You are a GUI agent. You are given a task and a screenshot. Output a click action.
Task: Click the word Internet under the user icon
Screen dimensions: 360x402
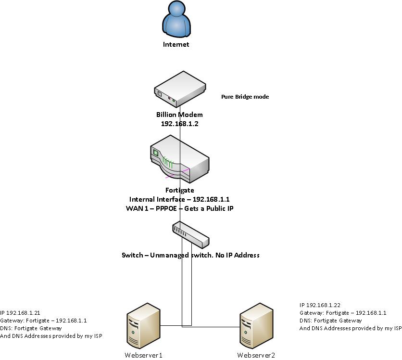coord(176,44)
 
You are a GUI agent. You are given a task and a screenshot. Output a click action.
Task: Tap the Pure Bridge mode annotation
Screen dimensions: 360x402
coord(245,97)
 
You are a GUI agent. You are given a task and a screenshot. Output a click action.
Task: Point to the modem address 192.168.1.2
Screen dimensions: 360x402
coord(179,124)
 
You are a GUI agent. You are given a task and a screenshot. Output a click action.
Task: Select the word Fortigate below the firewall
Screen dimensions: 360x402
coord(179,191)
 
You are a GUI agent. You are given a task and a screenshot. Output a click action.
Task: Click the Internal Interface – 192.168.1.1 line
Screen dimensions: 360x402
coord(179,199)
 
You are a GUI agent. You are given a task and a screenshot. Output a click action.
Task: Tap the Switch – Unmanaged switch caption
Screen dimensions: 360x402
coord(190,255)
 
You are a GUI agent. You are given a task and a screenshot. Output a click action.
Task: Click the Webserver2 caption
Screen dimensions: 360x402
coord(256,355)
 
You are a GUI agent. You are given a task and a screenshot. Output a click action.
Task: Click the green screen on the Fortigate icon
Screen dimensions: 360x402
coord(156,153)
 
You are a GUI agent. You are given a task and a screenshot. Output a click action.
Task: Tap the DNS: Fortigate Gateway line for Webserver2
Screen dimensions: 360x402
coord(330,321)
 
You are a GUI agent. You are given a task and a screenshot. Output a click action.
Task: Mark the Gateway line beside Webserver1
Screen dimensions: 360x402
coord(43,320)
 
